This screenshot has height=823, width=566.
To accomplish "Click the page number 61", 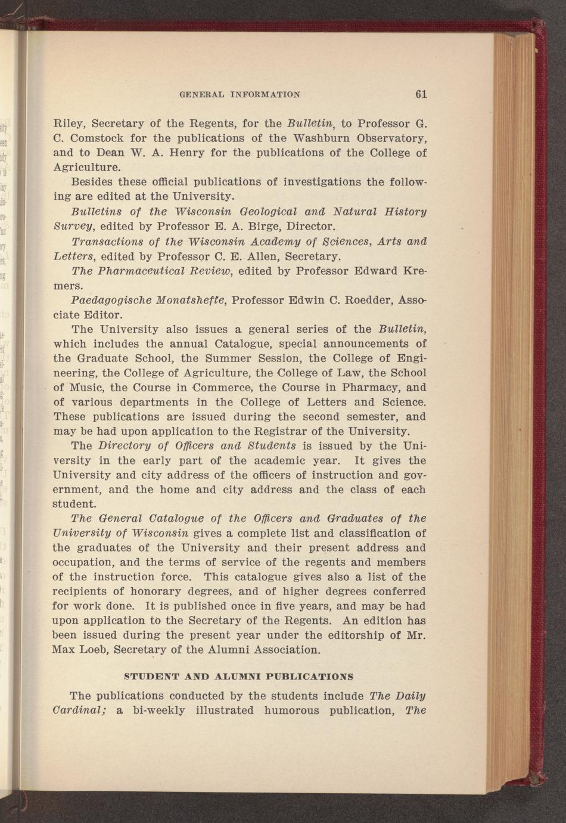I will [421, 94].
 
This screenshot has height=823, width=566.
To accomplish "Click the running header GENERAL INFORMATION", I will [240, 94].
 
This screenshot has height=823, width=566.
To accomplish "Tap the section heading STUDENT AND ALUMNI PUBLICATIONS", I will [238, 677].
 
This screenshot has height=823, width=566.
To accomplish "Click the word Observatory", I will [391, 138].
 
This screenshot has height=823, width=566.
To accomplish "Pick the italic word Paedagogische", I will [107, 300].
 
